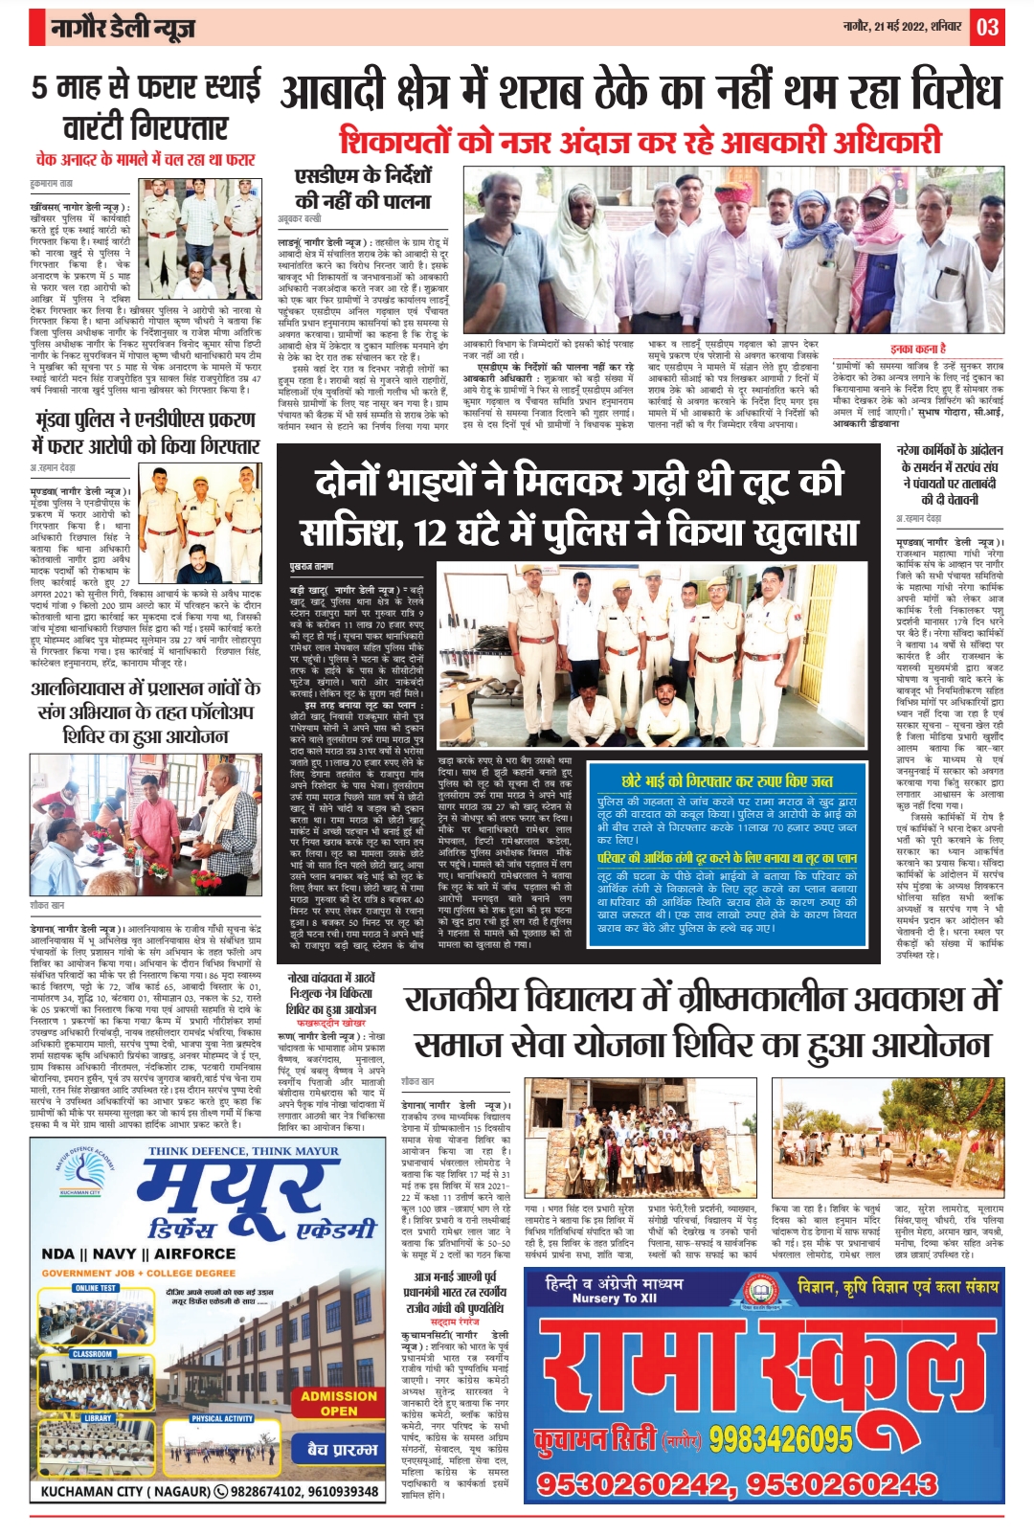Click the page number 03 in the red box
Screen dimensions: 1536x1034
[987, 27]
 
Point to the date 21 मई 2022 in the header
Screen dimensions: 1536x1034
[882, 27]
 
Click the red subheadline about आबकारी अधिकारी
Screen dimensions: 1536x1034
[641, 142]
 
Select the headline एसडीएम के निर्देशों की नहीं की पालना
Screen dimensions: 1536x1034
[363, 189]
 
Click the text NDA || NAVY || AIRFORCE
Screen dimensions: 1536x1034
[139, 1254]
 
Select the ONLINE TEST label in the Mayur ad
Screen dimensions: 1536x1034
[96, 1288]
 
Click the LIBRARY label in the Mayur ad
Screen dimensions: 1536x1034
[98, 1418]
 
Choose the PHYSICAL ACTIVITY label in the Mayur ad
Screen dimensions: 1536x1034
[221, 1418]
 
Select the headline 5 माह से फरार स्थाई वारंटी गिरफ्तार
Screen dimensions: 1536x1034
[146, 106]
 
